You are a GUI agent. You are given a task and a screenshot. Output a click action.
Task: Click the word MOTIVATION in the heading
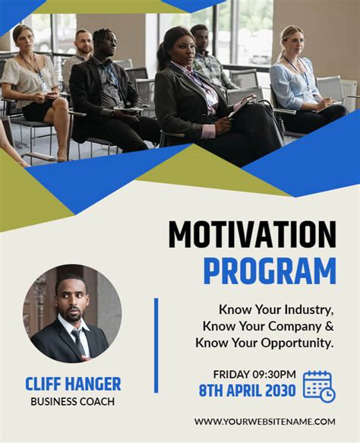coord(251,236)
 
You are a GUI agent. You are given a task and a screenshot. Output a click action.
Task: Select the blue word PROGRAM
coord(269,271)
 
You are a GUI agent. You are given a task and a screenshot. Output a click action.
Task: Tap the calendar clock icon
coord(319,386)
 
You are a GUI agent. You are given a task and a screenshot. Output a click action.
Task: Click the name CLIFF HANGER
coord(73,384)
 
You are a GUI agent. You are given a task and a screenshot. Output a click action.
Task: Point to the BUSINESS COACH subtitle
coord(73,401)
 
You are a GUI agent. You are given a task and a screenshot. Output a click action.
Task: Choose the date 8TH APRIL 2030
coord(246,391)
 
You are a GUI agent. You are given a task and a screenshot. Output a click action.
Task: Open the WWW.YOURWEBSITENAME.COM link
coord(264,421)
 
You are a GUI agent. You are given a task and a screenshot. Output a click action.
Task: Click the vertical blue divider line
coord(156,345)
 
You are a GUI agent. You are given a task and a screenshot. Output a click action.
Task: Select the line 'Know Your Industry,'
coord(276,310)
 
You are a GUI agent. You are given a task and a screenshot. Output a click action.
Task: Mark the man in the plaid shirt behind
coord(208,57)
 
